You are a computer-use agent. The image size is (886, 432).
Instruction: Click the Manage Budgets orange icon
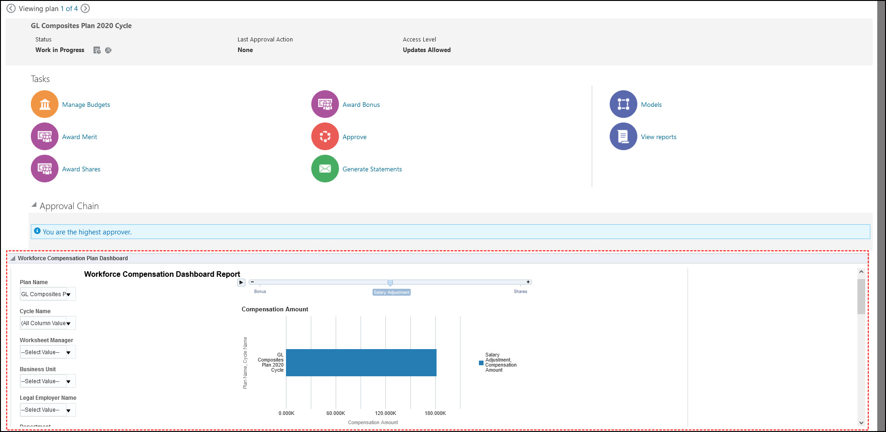click(45, 104)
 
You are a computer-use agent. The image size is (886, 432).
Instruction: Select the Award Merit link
click(79, 137)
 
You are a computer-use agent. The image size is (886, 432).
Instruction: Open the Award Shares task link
click(81, 169)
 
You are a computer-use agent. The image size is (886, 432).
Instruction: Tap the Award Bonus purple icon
click(325, 104)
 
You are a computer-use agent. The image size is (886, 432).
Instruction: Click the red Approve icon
click(325, 136)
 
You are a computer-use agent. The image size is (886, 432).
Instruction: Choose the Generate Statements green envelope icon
click(325, 169)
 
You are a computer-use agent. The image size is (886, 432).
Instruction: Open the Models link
click(651, 105)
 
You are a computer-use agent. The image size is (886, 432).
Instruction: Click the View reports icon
click(624, 136)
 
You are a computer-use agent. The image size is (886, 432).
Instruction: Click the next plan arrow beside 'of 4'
click(85, 8)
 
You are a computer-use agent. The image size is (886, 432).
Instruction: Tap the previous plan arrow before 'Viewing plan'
click(11, 8)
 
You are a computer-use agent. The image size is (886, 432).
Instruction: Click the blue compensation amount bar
click(361, 362)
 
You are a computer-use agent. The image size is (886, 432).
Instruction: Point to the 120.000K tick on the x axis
click(385, 413)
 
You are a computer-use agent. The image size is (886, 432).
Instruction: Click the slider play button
click(241, 282)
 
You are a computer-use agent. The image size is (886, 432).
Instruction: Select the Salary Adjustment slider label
click(391, 292)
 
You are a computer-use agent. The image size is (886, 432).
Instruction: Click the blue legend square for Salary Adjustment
click(481, 363)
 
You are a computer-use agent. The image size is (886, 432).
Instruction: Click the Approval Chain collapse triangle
click(34, 205)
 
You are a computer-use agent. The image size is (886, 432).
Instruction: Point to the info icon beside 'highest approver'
click(37, 231)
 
